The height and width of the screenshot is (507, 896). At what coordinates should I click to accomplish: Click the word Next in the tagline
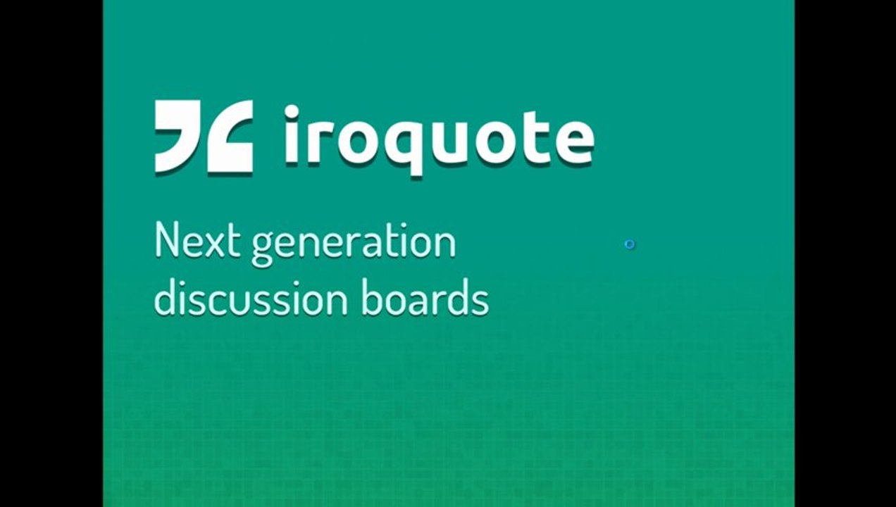click(198, 242)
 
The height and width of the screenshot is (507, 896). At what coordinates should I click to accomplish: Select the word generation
click(353, 244)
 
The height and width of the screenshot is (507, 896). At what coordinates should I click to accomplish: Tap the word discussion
click(250, 299)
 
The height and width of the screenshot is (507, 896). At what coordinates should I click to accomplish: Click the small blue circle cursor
click(630, 244)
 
